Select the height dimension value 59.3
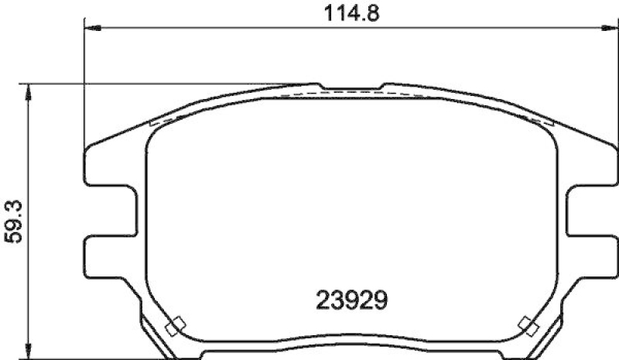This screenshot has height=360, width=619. click(x=14, y=221)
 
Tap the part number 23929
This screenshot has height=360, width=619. click(x=352, y=298)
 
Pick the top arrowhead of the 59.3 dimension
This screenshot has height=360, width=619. click(x=29, y=90)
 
